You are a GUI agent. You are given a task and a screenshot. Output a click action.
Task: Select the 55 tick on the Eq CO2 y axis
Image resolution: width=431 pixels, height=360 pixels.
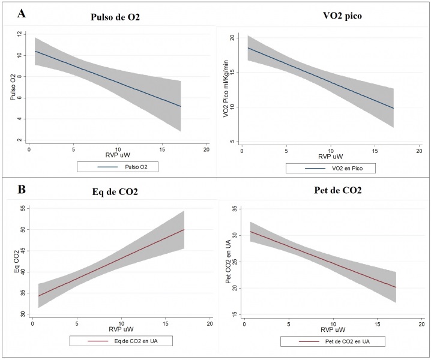(23, 208)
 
